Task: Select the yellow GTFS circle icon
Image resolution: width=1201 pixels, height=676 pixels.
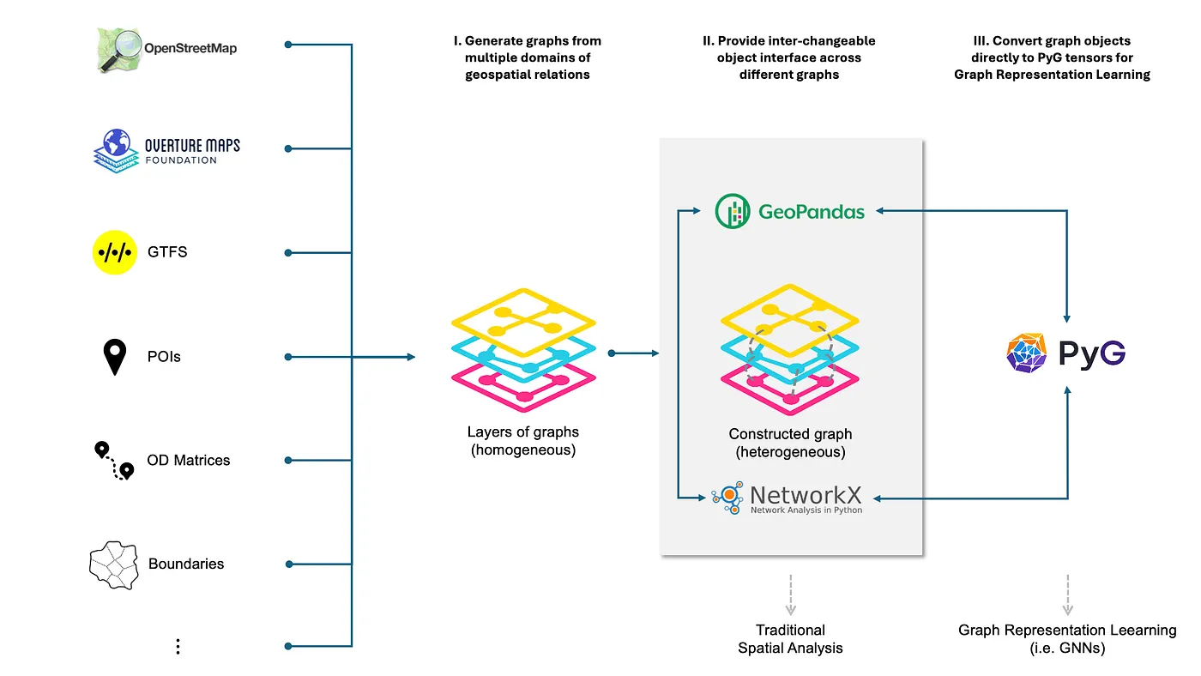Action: tap(115, 252)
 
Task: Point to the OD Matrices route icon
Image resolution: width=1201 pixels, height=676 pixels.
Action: tap(115, 460)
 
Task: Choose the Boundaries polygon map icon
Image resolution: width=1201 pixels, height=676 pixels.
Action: tap(114, 564)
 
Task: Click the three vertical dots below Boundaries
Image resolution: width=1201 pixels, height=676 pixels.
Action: tap(178, 647)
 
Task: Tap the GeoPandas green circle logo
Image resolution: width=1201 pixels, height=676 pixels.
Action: tap(733, 211)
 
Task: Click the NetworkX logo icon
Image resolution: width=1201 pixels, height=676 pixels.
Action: tap(727, 497)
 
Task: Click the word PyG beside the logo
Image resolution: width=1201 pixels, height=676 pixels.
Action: tap(1091, 353)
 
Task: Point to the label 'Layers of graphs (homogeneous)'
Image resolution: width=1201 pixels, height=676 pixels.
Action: tap(523, 441)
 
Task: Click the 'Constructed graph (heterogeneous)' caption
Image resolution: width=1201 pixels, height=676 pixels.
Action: tap(790, 443)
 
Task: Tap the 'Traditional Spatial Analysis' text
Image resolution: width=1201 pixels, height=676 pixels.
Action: tap(790, 639)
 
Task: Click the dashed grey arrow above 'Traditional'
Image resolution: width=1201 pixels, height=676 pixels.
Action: tap(790, 593)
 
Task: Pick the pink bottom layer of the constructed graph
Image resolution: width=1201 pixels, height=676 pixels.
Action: tap(790, 384)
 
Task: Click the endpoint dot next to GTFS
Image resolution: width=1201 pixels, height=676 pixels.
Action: tap(288, 252)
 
